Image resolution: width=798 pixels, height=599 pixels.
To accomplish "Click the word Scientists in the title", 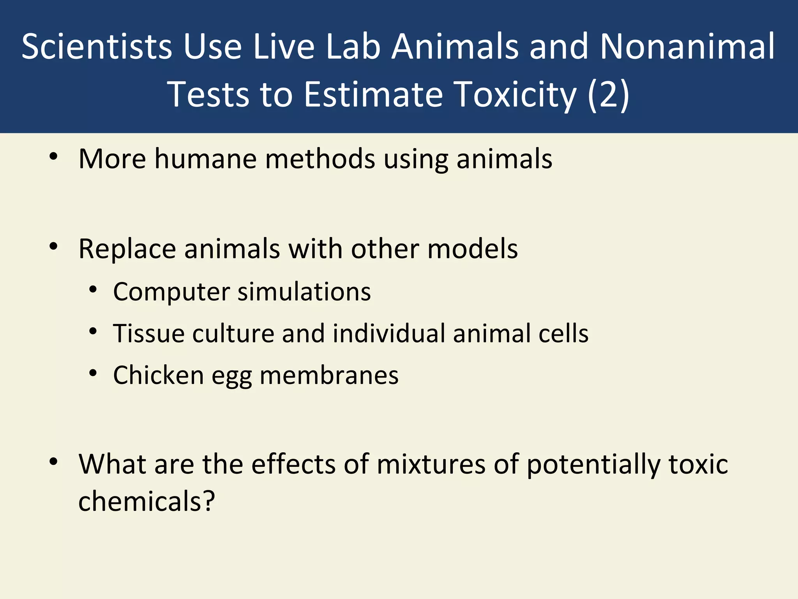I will click(x=96, y=47).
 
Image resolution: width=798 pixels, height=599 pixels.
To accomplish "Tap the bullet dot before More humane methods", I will click(x=53, y=157).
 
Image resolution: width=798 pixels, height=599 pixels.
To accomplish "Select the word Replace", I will click(x=127, y=249).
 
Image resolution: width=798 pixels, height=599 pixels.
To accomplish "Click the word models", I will click(x=472, y=249).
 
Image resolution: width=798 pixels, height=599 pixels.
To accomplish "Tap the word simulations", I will click(x=304, y=291).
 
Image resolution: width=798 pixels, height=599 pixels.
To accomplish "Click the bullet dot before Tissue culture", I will click(x=92, y=332).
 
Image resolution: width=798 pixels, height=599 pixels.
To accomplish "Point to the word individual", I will click(x=388, y=333).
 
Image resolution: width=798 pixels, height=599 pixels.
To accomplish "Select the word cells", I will click(x=563, y=333).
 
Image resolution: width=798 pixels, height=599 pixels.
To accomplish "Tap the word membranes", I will click(x=329, y=375).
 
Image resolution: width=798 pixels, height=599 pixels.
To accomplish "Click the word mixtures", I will click(x=431, y=464).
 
